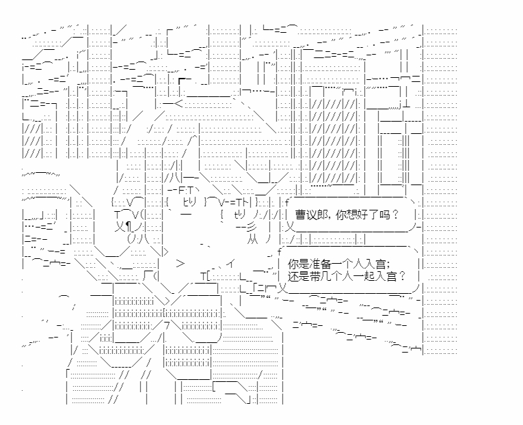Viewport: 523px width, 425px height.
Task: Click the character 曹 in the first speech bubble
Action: (300, 215)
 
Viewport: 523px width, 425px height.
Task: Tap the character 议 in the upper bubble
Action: (310, 215)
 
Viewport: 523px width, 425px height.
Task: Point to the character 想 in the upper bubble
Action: (351, 215)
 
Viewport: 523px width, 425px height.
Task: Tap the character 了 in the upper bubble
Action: (372, 215)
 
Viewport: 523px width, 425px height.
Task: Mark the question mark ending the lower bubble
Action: (402, 276)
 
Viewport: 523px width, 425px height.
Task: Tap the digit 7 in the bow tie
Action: (167, 326)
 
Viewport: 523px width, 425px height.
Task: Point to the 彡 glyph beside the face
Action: (251, 228)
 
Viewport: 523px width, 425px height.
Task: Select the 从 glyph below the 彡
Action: (252, 240)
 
